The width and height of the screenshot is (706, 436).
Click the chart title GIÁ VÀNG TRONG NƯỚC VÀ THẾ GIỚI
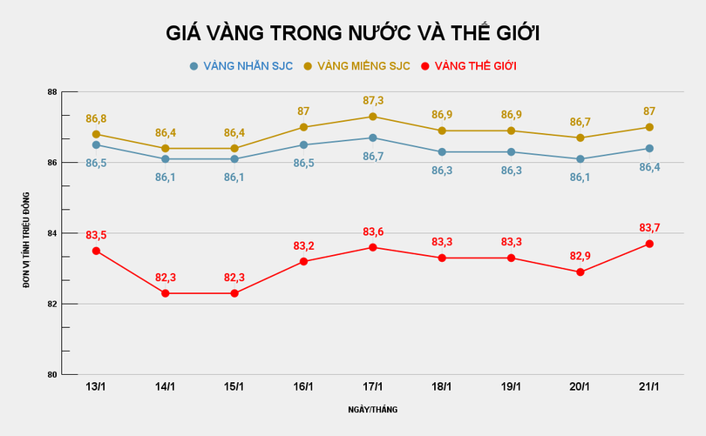click(353, 33)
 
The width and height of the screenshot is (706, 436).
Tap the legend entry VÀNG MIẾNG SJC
click(357, 66)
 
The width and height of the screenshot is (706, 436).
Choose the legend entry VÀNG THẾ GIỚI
click(468, 66)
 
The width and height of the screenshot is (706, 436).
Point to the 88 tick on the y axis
click(52, 92)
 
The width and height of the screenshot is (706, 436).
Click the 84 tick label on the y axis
click(52, 233)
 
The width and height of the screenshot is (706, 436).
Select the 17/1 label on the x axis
click(372, 386)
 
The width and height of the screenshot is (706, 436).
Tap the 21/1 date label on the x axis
click(649, 386)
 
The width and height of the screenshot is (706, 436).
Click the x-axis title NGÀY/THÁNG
click(372, 408)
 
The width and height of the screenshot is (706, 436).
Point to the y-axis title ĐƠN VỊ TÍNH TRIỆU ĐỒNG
click(27, 233)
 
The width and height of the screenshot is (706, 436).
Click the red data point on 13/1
click(96, 251)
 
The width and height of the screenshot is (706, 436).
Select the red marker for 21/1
click(649, 244)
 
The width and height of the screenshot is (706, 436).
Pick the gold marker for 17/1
click(373, 117)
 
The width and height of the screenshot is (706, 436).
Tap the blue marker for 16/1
click(303, 145)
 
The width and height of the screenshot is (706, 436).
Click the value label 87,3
click(373, 101)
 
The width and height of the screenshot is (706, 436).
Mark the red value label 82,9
click(580, 256)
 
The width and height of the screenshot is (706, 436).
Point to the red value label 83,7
click(649, 228)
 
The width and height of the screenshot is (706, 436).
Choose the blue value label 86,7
click(373, 156)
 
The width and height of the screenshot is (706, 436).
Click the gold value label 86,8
click(96, 118)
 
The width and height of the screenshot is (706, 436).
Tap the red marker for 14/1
click(166, 293)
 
